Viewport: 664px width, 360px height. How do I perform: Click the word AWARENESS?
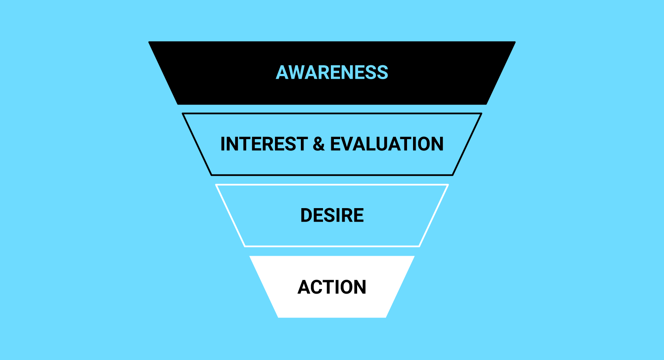pos(332,72)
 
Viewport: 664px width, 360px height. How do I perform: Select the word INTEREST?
pos(264,144)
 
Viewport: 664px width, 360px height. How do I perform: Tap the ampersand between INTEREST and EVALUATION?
pos(319,144)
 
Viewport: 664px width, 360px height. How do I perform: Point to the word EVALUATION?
pos(387,144)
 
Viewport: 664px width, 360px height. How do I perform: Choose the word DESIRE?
pos(332,215)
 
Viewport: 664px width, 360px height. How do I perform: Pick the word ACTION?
pos(332,287)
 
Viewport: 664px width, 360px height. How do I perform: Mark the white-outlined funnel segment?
pos(332,185)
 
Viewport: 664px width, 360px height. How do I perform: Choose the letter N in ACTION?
pos(361,287)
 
